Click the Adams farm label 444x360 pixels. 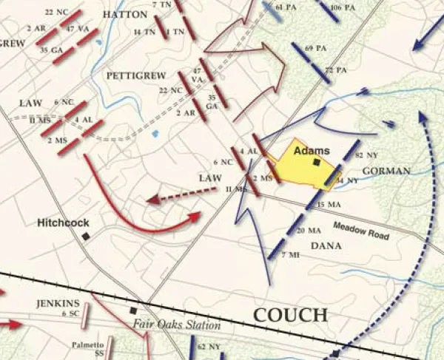tap(312, 151)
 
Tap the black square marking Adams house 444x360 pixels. tap(316, 163)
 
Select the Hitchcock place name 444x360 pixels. tap(64, 222)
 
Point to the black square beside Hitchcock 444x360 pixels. tap(87, 236)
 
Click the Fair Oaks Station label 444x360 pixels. tap(178, 325)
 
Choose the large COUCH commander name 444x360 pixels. tap(291, 316)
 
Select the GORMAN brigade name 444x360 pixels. tap(386, 171)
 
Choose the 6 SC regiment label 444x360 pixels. tap(71, 314)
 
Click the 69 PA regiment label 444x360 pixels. tap(316, 48)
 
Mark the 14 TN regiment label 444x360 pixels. tap(144, 33)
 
